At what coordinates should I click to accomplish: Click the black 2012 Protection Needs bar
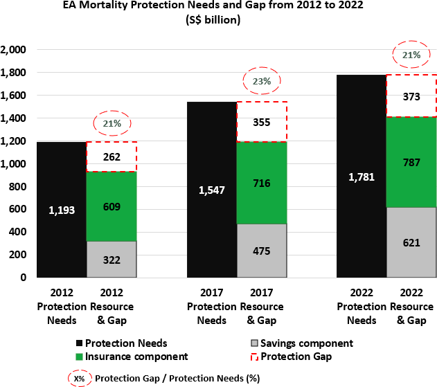pyautogui.click(x=61, y=208)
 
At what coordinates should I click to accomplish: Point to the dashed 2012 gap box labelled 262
pyautogui.click(x=111, y=156)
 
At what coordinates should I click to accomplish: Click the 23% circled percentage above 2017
pyautogui.click(x=261, y=81)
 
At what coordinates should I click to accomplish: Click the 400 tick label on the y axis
pyautogui.click(x=17, y=232)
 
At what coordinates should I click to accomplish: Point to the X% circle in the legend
pyautogui.click(x=79, y=378)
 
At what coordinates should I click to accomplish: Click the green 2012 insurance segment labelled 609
pyautogui.click(x=111, y=206)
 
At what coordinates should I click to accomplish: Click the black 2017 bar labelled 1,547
pyautogui.click(x=211, y=188)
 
